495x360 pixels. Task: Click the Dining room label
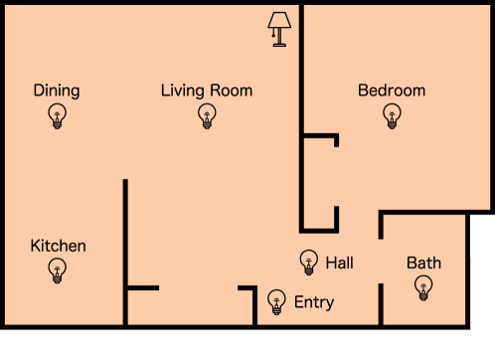[x=57, y=90]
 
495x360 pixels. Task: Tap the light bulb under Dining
[x=57, y=116]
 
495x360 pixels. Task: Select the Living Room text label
[x=207, y=90]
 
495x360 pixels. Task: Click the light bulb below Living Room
[x=207, y=116]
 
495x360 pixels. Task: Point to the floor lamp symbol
[x=278, y=29]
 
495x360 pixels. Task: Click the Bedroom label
[x=392, y=90]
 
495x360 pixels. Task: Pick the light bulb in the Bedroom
[x=392, y=116]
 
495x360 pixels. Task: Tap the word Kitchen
[x=58, y=246]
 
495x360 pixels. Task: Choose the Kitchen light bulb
[x=58, y=270]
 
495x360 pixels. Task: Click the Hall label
[x=339, y=263]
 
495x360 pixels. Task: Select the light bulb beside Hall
[x=308, y=262]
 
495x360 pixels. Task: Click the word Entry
[x=314, y=302]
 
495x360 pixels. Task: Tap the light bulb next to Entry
[x=276, y=300]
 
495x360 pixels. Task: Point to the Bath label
[x=423, y=264]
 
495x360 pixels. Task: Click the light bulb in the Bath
[x=423, y=288]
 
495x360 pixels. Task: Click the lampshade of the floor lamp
[x=278, y=20]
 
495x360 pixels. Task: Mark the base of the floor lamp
[x=278, y=45]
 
